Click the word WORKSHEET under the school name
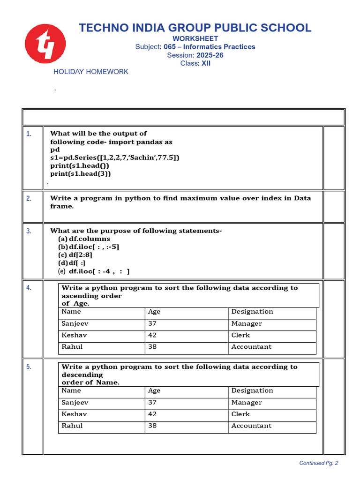(x=195, y=38)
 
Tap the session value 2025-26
(x=210, y=55)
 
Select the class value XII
(x=206, y=63)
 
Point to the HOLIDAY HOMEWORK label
(x=90, y=72)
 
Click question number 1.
(x=29, y=134)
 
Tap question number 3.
(x=29, y=231)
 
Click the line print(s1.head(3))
(x=81, y=173)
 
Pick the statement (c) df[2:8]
(x=75, y=255)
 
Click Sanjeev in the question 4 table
(x=75, y=323)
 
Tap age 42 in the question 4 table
(x=152, y=335)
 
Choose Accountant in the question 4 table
(x=251, y=347)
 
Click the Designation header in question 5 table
(x=252, y=390)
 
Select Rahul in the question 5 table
(x=72, y=426)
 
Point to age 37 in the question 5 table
(x=152, y=402)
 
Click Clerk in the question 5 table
(x=240, y=414)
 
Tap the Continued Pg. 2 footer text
(x=319, y=463)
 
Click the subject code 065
(x=169, y=47)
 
